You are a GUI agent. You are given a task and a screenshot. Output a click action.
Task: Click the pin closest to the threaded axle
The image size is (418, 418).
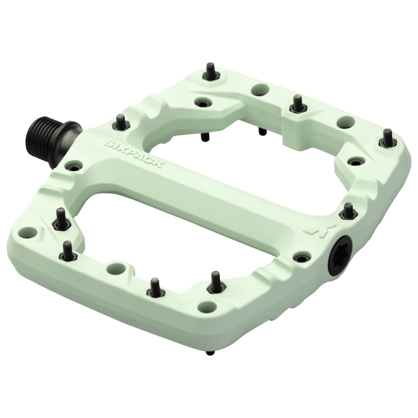pyautogui.click(x=119, y=123)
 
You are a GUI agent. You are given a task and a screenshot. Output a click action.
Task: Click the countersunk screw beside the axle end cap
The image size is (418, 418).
pyautogui.click(x=302, y=257)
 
